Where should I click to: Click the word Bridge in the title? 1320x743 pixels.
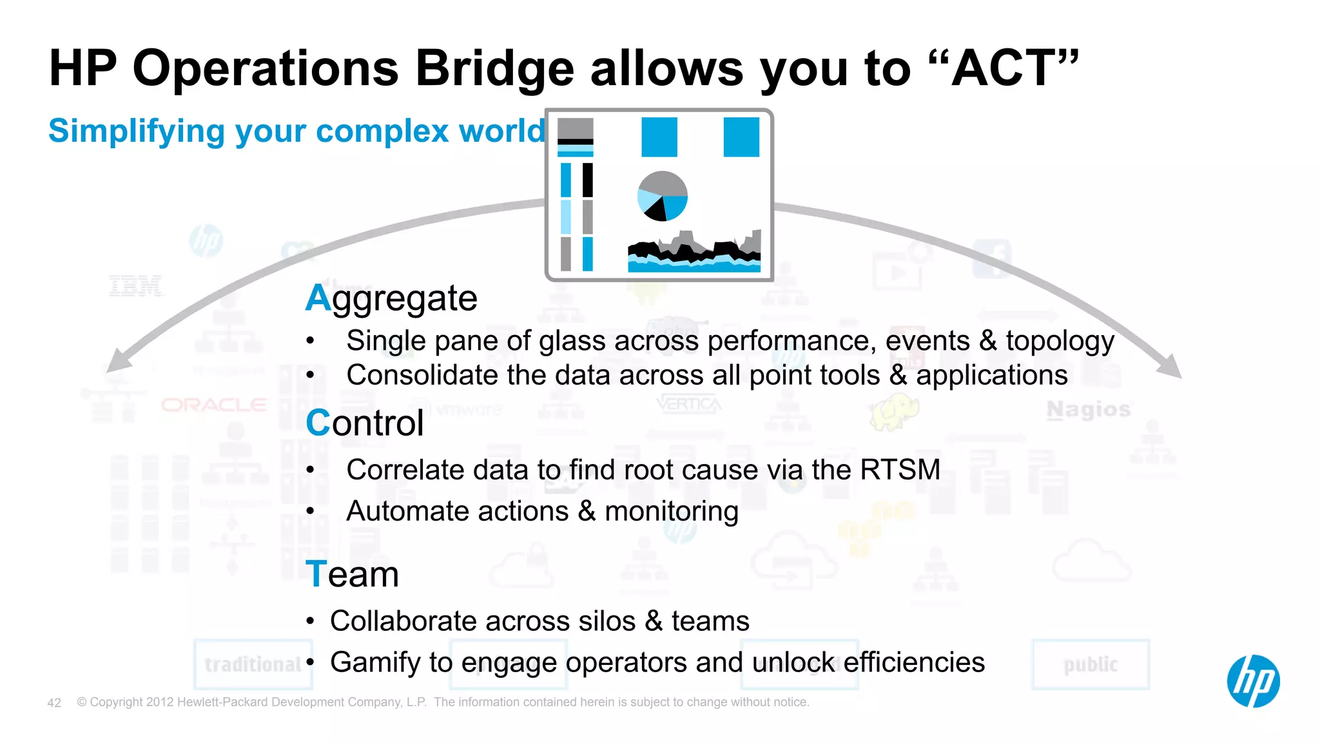tap(494, 68)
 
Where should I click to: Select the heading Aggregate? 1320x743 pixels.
tap(391, 298)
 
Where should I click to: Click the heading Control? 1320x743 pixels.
tap(365, 423)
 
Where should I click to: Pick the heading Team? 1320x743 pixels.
tap(352, 574)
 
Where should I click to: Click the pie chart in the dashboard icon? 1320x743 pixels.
tap(662, 196)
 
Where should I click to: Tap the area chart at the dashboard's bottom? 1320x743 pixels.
tap(694, 253)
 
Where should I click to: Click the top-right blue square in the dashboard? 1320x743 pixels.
tap(741, 137)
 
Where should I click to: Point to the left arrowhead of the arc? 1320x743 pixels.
tap(118, 361)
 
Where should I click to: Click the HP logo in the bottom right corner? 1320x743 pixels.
tap(1253, 681)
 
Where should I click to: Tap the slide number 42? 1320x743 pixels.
tap(54, 702)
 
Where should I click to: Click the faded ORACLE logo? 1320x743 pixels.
tap(213, 405)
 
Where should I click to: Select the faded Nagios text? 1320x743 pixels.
tap(1089, 409)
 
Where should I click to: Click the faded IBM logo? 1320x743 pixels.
tap(135, 285)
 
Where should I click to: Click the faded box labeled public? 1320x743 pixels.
tap(1091, 664)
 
